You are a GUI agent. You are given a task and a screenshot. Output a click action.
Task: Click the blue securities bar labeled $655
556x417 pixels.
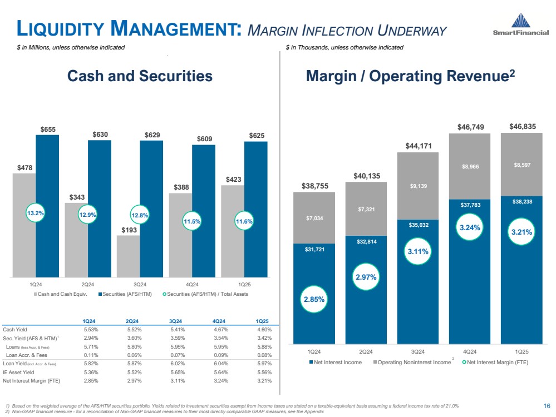[47, 206]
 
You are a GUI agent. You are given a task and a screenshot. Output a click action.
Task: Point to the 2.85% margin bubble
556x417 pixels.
[314, 299]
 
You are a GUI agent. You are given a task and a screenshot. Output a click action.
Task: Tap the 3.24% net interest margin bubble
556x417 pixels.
[469, 226]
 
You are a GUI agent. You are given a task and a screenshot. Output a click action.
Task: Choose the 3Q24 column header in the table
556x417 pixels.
[176, 321]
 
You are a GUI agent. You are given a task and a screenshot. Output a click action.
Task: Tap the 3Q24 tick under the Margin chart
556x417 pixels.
[417, 351]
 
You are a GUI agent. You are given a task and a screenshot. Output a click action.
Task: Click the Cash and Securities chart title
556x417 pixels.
[140, 76]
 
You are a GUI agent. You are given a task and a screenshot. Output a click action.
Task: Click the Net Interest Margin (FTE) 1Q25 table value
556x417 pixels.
[264, 381]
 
